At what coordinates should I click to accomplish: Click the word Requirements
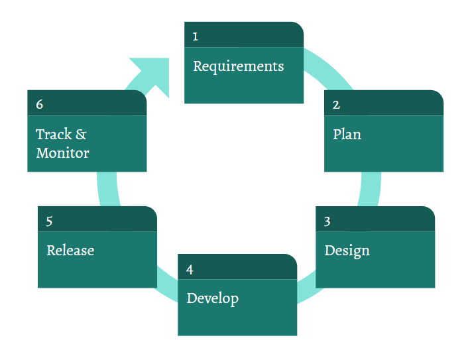coord(238,67)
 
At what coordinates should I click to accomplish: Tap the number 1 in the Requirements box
coord(195,36)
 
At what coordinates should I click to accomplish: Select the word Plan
coord(347,135)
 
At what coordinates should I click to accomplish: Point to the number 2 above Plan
coord(336,105)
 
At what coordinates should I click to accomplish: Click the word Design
coord(347,251)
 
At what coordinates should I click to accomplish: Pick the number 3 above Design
coord(327,221)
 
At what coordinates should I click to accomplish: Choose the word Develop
coord(212,298)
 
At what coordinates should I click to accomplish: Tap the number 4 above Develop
coord(190,270)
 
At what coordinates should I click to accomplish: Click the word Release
coord(70,251)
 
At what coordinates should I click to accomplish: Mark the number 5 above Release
coord(50,221)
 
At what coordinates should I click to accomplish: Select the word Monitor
coord(62,153)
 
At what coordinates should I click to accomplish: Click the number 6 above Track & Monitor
coord(40,105)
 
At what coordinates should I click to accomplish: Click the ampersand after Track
coord(81,135)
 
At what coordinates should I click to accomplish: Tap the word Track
coord(53,135)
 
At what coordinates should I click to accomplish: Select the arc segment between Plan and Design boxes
coord(371,189)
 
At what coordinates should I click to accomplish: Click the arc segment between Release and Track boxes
coord(107,189)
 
